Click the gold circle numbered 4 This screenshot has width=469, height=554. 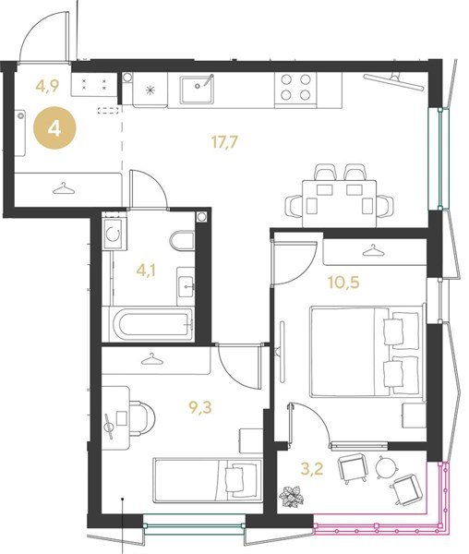click(54, 128)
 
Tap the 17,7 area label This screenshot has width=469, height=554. click(224, 142)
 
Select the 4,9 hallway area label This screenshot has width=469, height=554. click(47, 86)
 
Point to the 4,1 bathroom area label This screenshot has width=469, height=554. click(146, 271)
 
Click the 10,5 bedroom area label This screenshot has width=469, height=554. click(343, 283)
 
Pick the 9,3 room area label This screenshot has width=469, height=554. click(200, 408)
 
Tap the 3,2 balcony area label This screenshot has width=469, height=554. click(312, 469)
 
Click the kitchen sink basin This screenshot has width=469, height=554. click(197, 90)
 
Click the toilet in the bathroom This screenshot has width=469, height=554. click(182, 241)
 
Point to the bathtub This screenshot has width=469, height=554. click(151, 324)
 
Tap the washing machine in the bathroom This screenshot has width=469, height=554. click(114, 234)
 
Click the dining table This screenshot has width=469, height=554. click(340, 203)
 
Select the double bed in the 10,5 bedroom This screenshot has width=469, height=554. click(367, 352)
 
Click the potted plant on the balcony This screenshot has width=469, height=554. click(292, 497)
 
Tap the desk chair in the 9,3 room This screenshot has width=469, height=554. click(141, 418)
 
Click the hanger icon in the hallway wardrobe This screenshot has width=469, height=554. click(64, 188)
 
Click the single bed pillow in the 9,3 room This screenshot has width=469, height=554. click(234, 478)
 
